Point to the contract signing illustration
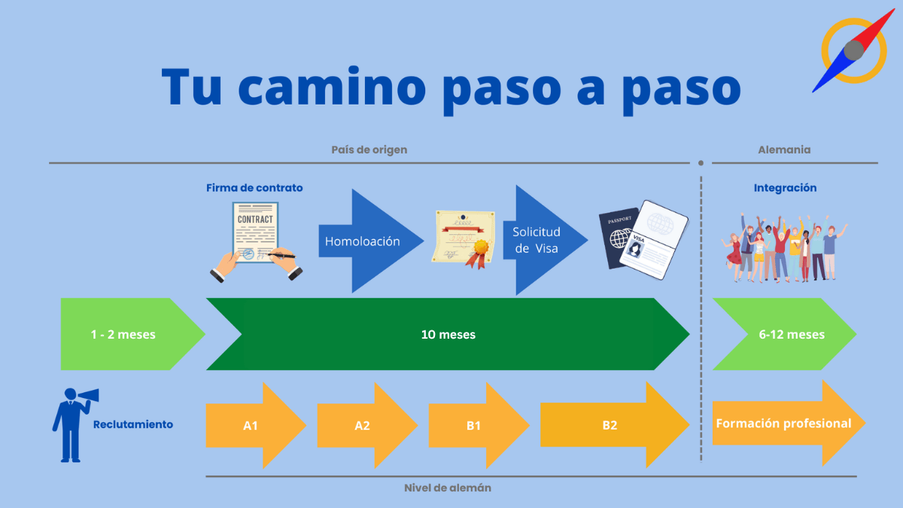point(255,243)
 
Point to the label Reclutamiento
point(133,424)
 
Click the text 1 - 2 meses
point(122,334)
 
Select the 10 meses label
point(448,334)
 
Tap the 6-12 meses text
point(792,334)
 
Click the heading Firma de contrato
point(254,187)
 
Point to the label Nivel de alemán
point(448,488)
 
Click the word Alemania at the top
point(784,149)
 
